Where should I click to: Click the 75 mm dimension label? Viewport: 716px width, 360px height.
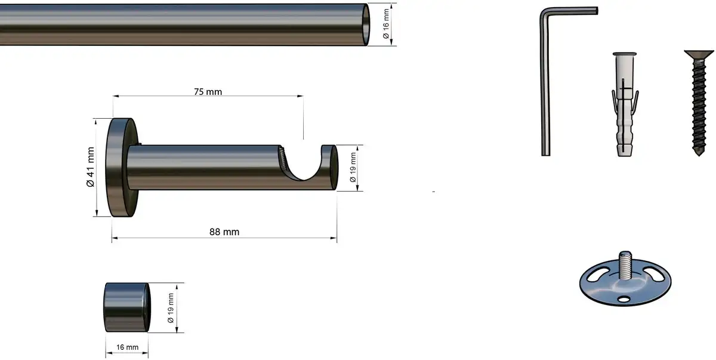pyautogui.click(x=208, y=92)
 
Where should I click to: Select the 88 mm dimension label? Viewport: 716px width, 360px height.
pyautogui.click(x=224, y=232)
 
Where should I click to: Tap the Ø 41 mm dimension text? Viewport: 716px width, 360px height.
pyautogui.click(x=91, y=167)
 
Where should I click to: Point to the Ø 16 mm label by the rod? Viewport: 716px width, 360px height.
pyautogui.click(x=386, y=24)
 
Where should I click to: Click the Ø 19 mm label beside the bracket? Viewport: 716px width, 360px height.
pyautogui.click(x=353, y=168)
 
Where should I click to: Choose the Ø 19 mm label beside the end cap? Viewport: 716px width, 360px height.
pyautogui.click(x=171, y=308)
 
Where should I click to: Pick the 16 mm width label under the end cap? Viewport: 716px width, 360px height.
pyautogui.click(x=127, y=347)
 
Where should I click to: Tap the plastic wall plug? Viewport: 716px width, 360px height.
pyautogui.click(x=625, y=104)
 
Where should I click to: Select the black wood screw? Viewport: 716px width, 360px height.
pyautogui.click(x=699, y=102)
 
